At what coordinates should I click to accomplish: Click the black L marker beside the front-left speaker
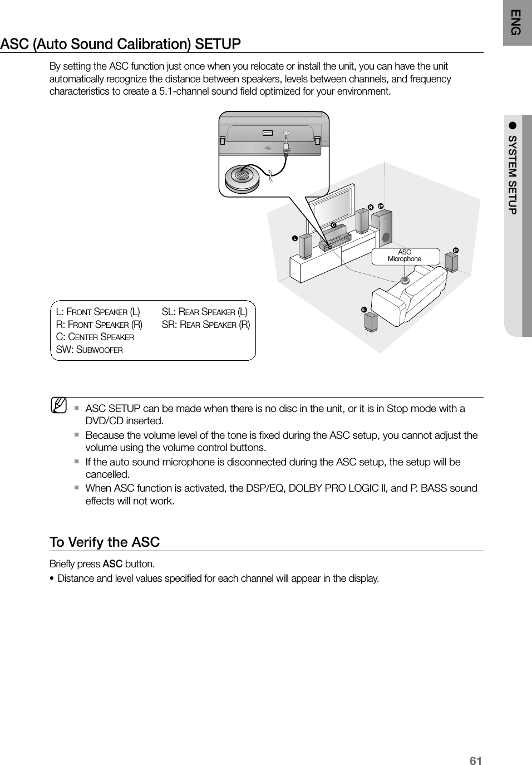point(295,238)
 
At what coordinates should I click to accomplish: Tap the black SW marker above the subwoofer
point(381,206)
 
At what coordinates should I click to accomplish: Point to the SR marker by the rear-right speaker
point(455,250)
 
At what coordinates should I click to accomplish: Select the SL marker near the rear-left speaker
point(363,310)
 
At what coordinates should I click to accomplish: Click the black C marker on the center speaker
point(333,225)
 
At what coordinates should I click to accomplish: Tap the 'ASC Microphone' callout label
point(405,256)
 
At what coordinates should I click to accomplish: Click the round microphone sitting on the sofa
point(405,279)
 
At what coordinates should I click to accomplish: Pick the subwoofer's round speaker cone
point(386,238)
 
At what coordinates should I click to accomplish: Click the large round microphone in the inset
point(243,176)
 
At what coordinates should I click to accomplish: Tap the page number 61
point(475,761)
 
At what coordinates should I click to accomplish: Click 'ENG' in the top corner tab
point(517,22)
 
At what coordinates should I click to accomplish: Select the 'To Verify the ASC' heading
point(105,542)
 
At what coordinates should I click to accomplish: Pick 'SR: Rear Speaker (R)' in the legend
point(205,325)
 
